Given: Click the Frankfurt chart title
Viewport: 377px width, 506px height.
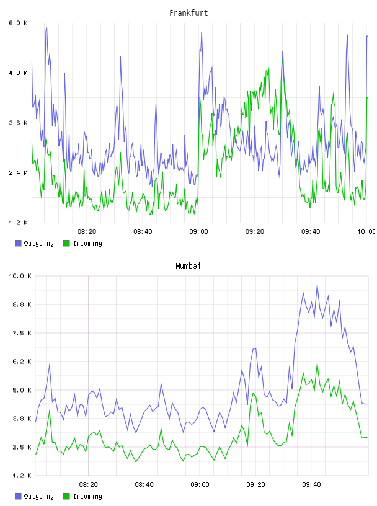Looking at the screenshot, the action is pyautogui.click(x=188, y=13).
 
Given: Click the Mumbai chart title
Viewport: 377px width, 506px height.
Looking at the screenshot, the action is pyautogui.click(x=188, y=266).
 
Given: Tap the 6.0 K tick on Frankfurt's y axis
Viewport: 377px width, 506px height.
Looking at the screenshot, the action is pyautogui.click(x=18, y=23).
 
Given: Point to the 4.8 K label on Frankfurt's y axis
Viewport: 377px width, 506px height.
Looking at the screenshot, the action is pyautogui.click(x=18, y=73).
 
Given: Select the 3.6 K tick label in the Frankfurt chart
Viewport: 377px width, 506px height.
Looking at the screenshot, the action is pyautogui.click(x=18, y=123).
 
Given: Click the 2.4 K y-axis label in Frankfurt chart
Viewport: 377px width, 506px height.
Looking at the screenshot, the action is pyautogui.click(x=18, y=172).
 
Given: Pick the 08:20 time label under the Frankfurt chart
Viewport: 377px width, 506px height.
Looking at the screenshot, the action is pyautogui.click(x=87, y=232).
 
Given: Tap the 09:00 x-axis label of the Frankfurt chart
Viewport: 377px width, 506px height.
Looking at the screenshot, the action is pyautogui.click(x=199, y=232).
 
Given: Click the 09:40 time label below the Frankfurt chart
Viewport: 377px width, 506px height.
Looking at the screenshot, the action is pyautogui.click(x=311, y=232).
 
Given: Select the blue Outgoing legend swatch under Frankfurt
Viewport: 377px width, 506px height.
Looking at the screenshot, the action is pyautogui.click(x=18, y=243).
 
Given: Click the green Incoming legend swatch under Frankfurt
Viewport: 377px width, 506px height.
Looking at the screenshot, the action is pyautogui.click(x=66, y=243).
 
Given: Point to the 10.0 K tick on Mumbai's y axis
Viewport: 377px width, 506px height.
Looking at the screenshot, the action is pyautogui.click(x=20, y=276).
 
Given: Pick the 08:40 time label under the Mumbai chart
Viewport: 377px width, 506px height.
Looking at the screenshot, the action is pyautogui.click(x=144, y=485).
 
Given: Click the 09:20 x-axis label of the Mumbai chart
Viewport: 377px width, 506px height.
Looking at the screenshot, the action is pyautogui.click(x=255, y=485).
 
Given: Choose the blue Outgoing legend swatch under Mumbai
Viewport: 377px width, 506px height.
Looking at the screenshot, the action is pyautogui.click(x=18, y=496).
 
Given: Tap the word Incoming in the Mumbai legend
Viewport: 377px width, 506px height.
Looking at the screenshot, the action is pyautogui.click(x=87, y=497).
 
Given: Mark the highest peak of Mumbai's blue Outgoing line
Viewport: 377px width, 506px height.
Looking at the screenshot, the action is pyautogui.click(x=317, y=283).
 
